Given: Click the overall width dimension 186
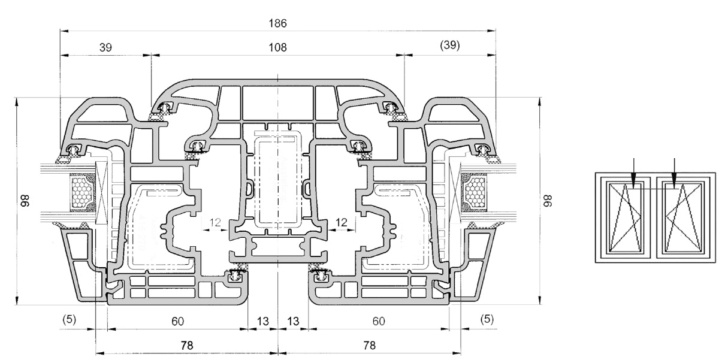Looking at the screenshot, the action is pyautogui.click(x=277, y=23).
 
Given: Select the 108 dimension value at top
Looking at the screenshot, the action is pyautogui.click(x=277, y=48).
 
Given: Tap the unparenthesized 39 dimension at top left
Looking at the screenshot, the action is pyautogui.click(x=105, y=48).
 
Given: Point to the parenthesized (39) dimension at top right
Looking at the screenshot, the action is pyautogui.click(x=450, y=46).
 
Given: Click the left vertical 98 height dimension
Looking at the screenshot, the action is pyautogui.click(x=25, y=201).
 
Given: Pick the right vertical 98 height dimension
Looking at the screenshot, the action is pyautogui.click(x=548, y=201).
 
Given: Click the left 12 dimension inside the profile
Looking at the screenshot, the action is pyautogui.click(x=215, y=222).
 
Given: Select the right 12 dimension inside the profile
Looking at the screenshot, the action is pyautogui.click(x=342, y=222).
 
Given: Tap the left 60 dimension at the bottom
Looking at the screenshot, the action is pyautogui.click(x=177, y=321).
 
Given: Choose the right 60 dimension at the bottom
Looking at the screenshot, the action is pyautogui.click(x=379, y=321).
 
